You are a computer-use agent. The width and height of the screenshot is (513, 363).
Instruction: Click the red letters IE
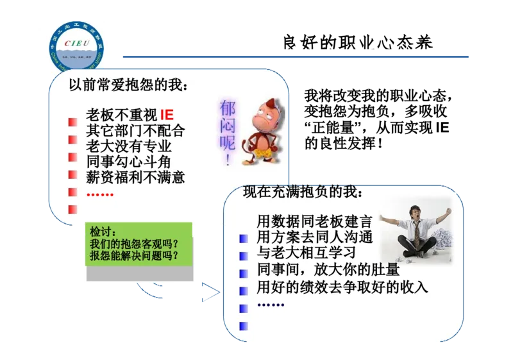[x=166, y=115]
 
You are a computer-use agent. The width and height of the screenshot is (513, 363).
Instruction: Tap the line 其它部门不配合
[x=135, y=131]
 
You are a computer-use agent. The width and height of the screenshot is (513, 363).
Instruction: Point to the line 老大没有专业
[x=129, y=146]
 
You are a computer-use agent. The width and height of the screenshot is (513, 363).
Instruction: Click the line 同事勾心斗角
[x=129, y=162]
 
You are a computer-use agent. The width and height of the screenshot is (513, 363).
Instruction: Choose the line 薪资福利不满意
[x=135, y=177]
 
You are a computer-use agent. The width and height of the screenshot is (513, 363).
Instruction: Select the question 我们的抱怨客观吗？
[x=133, y=244]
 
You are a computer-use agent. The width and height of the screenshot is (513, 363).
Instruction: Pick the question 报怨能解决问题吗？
[x=133, y=256]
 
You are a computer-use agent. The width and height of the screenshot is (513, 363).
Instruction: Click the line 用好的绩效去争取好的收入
[x=342, y=287]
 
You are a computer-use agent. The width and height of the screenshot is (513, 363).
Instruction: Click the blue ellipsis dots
[x=270, y=303]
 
